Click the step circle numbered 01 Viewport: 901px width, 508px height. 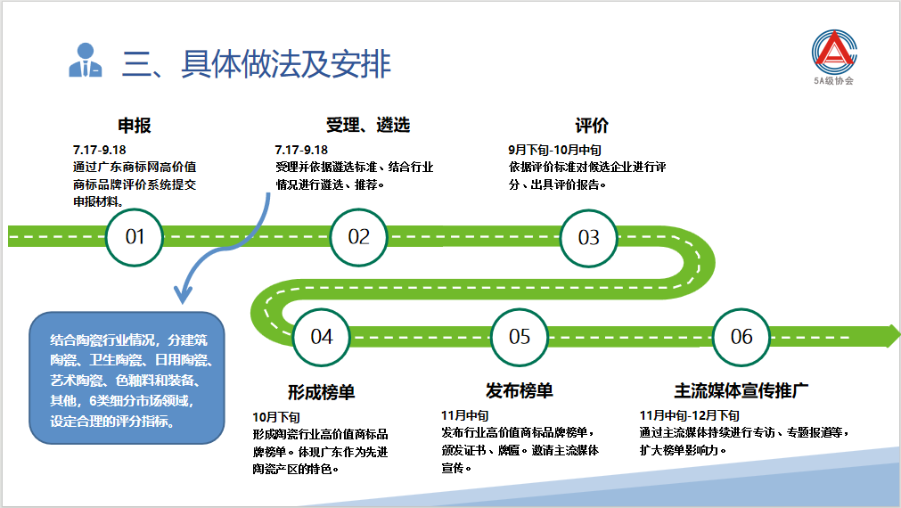pyautogui.click(x=135, y=237)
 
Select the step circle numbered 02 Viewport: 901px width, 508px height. pyautogui.click(x=358, y=237)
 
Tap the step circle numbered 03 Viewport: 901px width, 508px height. pyautogui.click(x=589, y=237)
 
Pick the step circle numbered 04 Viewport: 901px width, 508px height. pyautogui.click(x=322, y=336)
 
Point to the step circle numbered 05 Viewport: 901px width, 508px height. pyautogui.click(x=520, y=336)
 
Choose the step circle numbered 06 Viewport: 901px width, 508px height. pyautogui.click(x=741, y=336)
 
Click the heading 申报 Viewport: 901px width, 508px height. pyautogui.click(x=135, y=126)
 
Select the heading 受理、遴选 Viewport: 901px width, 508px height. pyautogui.click(x=368, y=126)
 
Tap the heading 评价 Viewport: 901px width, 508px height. pyautogui.click(x=592, y=126)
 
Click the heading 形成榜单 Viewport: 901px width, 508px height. pyautogui.click(x=322, y=391)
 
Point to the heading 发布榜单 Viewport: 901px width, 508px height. pyautogui.click(x=520, y=391)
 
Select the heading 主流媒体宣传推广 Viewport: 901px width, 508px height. pyautogui.click(x=741, y=391)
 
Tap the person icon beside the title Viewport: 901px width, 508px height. pyautogui.click(x=85, y=61)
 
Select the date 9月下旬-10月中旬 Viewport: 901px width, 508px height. pyautogui.click(x=554, y=150)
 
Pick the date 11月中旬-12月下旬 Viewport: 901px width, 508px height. pyautogui.click(x=690, y=416)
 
